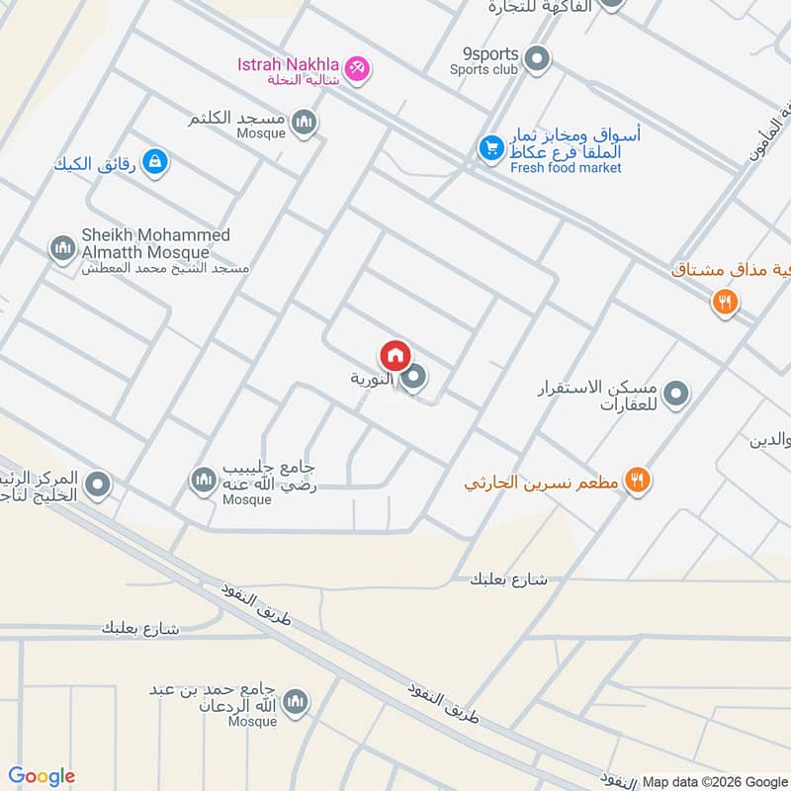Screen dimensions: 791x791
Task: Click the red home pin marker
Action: coord(395,356)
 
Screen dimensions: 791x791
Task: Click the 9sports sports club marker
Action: coord(537,60)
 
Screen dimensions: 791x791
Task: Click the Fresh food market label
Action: coord(566,168)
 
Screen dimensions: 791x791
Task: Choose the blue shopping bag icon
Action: coord(154,161)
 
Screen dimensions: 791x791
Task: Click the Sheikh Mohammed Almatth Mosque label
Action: coord(155,244)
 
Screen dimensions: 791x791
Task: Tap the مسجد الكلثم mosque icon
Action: coord(305,123)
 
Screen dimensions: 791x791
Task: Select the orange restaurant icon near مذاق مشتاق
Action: coord(726,303)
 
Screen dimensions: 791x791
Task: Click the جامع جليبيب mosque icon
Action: coord(204,481)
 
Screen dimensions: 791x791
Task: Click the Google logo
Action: coord(42,776)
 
